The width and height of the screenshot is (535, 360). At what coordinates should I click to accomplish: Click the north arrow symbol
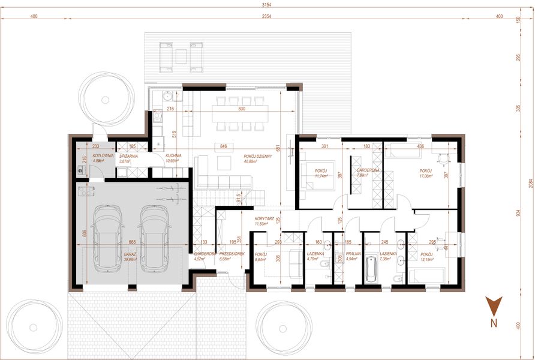pyautogui.click(x=493, y=307)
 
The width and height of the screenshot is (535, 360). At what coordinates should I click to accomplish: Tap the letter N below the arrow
pyautogui.click(x=493, y=323)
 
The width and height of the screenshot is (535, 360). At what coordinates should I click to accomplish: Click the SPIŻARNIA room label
pyautogui.click(x=128, y=156)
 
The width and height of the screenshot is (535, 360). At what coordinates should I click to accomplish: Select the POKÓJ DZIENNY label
pyautogui.click(x=258, y=156)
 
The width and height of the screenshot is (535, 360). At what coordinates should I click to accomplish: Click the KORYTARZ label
pyautogui.click(x=264, y=218)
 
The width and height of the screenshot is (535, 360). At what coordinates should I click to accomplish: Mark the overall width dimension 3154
pyautogui.click(x=266, y=5)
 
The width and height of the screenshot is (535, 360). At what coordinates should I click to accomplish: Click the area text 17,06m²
pyautogui.click(x=426, y=176)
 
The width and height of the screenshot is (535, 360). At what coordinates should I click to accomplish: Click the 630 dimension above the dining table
pyautogui.click(x=242, y=109)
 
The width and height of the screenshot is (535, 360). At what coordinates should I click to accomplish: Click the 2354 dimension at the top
pyautogui.click(x=266, y=16)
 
